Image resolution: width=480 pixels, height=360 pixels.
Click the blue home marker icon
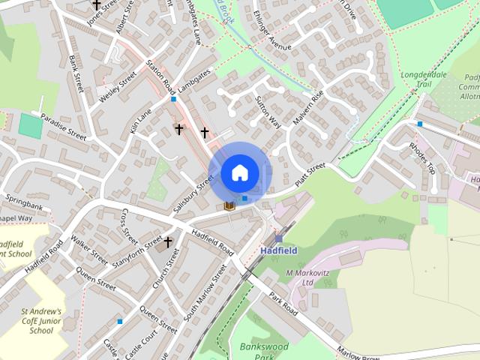coord(239,173)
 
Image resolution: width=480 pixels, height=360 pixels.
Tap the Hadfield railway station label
coord(279,250)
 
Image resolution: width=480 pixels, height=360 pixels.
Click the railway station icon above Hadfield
coord(278,238)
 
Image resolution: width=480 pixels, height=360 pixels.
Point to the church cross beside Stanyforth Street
coord(168,242)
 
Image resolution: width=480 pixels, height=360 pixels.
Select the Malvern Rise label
coord(307,106)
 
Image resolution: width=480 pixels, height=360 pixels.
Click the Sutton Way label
coord(268,112)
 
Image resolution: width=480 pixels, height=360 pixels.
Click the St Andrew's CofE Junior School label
coord(41,320)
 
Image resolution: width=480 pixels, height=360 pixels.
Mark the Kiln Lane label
coord(139,121)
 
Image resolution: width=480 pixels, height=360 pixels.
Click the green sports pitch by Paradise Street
coord(31,125)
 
